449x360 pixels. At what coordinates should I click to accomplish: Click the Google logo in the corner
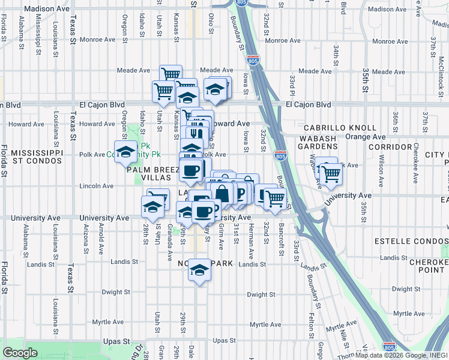[x=20, y=353]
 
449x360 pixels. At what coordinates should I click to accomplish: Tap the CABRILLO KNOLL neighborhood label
[x=340, y=128]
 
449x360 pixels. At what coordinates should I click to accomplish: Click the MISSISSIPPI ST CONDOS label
[x=37, y=157]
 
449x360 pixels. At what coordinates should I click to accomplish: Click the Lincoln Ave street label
[x=96, y=186]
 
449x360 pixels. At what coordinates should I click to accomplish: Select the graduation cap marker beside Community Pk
[x=126, y=152]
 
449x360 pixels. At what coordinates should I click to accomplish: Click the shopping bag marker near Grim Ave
[x=221, y=193]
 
